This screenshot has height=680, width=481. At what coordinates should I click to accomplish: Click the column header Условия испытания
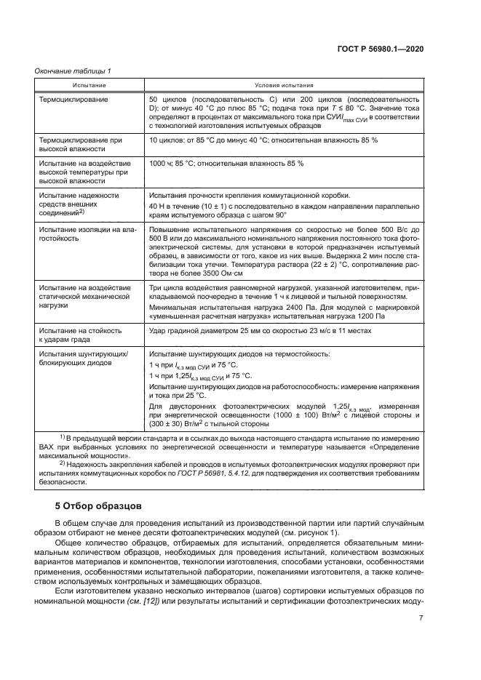coord(284,85)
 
